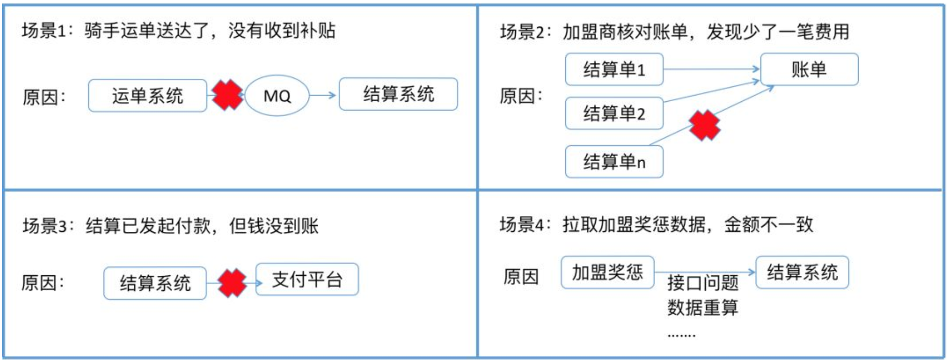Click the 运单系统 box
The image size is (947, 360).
coord(147,96)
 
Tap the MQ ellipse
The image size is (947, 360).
coord(277,96)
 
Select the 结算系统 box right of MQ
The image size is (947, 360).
coord(398,94)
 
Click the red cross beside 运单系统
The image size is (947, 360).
coord(227,95)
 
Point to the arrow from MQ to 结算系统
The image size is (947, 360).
coord(323,95)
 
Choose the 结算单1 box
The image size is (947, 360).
coord(614,69)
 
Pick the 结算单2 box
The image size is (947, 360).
coord(614,113)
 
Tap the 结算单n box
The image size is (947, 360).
coord(614,162)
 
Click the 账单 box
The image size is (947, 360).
coord(809,69)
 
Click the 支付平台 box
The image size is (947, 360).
coord(307,279)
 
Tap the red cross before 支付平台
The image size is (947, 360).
coord(232,283)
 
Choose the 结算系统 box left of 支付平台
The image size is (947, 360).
coord(155,283)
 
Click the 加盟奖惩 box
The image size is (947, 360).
coord(608,272)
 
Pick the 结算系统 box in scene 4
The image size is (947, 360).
coord(802,272)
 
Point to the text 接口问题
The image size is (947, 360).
coord(703,283)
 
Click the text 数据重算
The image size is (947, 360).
coord(703,307)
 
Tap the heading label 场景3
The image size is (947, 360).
coord(45,226)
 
